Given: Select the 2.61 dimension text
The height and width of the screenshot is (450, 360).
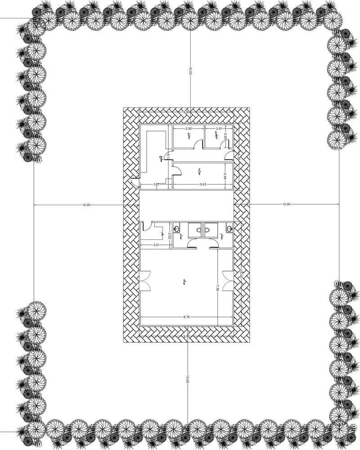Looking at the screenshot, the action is [x=219, y=129].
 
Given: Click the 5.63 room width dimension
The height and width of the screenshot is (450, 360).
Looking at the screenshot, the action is [x=201, y=184].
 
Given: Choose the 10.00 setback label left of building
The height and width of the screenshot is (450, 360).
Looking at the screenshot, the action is [x=86, y=205].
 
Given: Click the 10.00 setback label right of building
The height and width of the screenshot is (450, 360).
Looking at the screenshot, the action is [x=286, y=205].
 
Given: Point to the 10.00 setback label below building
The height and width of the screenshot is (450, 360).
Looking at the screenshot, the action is [x=187, y=378].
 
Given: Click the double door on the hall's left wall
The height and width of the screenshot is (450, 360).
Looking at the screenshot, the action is [x=145, y=281].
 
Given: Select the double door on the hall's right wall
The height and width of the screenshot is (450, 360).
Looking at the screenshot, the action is [x=228, y=281].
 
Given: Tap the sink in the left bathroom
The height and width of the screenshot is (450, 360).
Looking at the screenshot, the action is [x=179, y=228].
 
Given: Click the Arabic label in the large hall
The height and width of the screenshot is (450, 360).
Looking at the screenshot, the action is [x=185, y=283].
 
